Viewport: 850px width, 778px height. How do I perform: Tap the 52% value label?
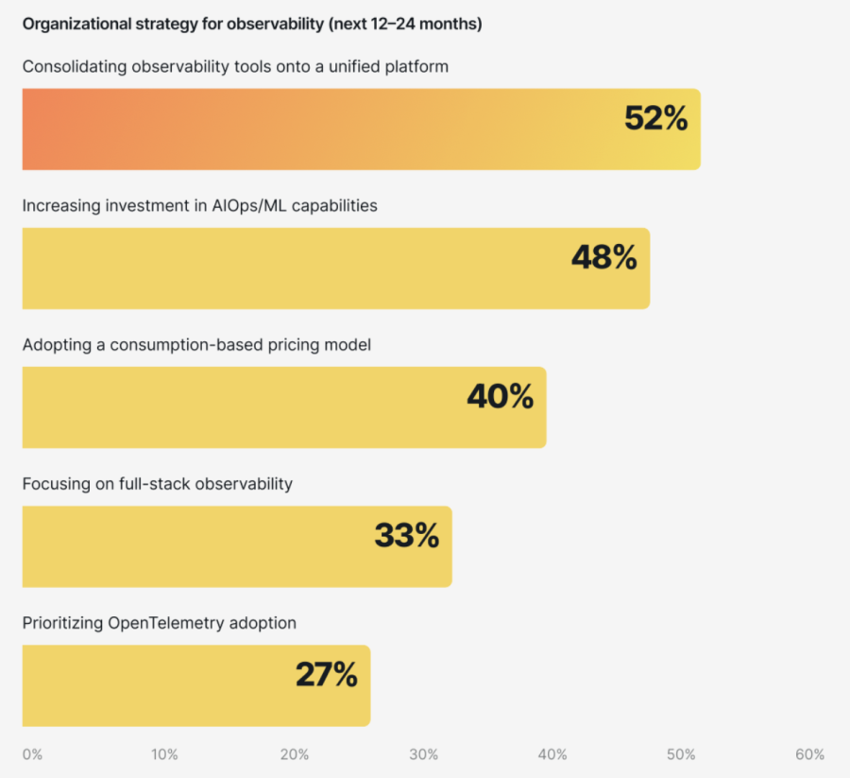pos(656,118)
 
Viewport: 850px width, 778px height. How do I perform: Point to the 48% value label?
pos(604,257)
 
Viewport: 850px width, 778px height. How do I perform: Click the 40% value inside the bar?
pos(501,396)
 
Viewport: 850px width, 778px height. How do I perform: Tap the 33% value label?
pos(407,535)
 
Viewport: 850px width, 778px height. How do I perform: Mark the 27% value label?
pos(327,674)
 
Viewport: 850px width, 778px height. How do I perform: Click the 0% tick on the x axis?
pos(32,754)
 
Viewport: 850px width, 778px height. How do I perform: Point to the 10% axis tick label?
pos(164,754)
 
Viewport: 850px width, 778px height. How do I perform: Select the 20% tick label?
pos(295,754)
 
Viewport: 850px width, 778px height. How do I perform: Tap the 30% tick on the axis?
pos(424,754)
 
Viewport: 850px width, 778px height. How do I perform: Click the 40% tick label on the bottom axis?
pos(552,754)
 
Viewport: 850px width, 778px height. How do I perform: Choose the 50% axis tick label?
pos(681,754)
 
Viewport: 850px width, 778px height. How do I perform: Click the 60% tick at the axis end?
pos(810,754)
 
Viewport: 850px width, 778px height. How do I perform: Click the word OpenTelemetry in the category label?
pos(162,623)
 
